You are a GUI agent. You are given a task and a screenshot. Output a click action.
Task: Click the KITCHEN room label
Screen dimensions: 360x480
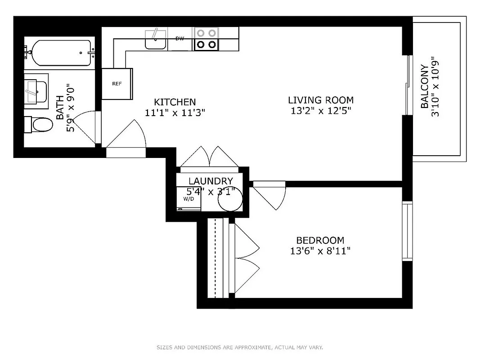pyautogui.click(x=175, y=102)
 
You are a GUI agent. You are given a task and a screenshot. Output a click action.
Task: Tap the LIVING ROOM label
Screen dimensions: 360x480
pyautogui.click(x=320, y=100)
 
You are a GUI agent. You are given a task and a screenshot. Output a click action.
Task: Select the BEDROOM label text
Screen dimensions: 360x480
pyautogui.click(x=320, y=240)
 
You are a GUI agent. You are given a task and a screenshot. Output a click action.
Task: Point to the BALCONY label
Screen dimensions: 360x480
pyautogui.click(x=424, y=86)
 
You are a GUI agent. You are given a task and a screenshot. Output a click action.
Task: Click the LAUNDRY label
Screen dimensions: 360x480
pyautogui.click(x=211, y=181)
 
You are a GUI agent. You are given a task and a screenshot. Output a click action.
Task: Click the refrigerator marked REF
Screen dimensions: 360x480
pyautogui.click(x=117, y=84)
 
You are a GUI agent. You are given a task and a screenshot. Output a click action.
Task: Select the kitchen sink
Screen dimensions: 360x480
pyautogui.click(x=156, y=39)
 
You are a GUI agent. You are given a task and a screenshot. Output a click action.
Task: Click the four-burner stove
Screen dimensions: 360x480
pyautogui.click(x=206, y=39)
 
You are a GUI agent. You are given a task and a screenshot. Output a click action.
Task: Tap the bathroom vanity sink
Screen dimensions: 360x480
pyautogui.click(x=36, y=91)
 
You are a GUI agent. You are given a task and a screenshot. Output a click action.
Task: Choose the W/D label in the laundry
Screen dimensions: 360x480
pyautogui.click(x=188, y=198)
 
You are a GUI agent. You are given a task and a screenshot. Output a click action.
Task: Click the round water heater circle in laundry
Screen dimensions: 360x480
pyautogui.click(x=230, y=198)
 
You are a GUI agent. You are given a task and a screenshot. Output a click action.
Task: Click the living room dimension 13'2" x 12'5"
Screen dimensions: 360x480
pyautogui.click(x=320, y=111)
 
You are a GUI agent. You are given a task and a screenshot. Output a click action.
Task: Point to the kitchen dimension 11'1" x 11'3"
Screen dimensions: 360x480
pyautogui.click(x=175, y=113)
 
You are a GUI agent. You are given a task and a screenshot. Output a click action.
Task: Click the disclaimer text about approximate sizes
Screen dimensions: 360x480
pyautogui.click(x=240, y=347)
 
